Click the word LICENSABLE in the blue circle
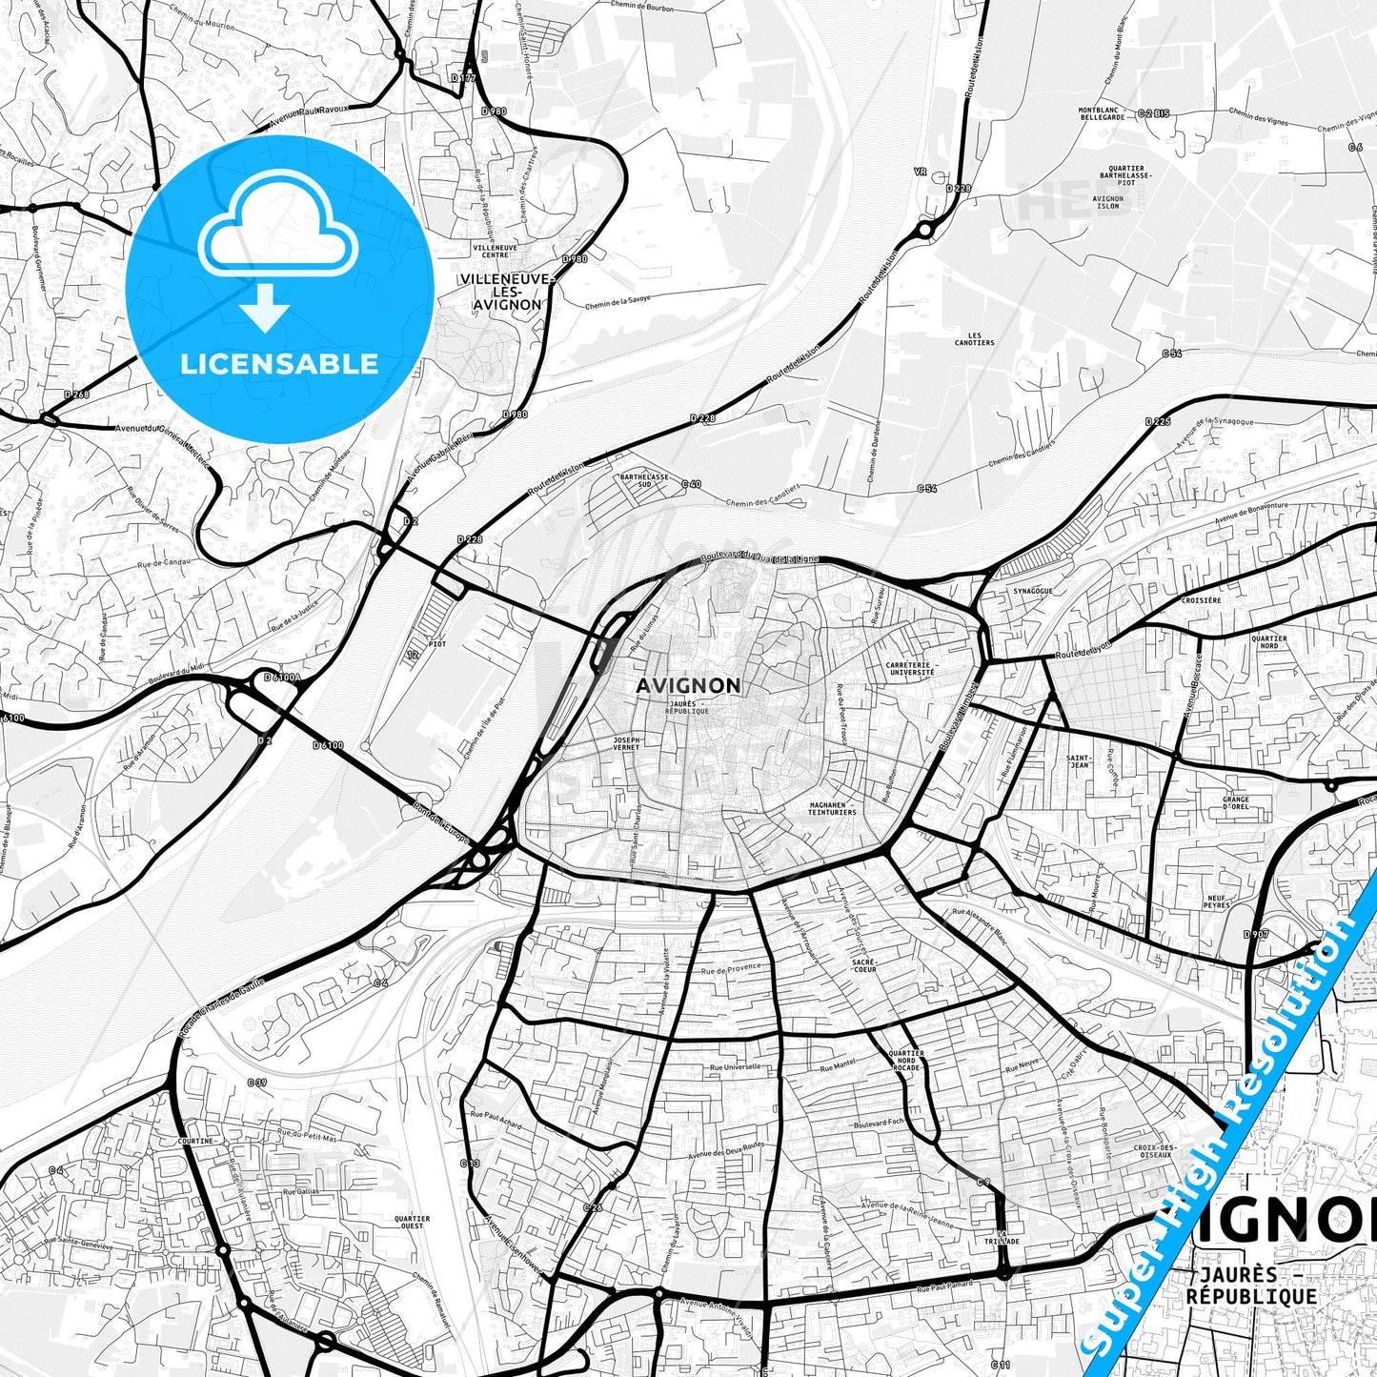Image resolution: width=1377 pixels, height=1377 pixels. [279, 364]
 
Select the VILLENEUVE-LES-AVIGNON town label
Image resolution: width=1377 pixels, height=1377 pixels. [505, 292]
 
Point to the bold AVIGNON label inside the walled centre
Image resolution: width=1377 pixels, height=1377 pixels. [688, 685]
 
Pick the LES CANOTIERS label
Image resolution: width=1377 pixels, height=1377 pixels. [974, 339]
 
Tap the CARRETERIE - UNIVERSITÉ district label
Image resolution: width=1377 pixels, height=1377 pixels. [910, 668]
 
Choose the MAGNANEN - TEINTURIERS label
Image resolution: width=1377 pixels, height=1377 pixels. [832, 808]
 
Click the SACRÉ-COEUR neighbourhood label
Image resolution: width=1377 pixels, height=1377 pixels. [864, 965]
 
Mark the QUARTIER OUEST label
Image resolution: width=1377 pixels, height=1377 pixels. [412, 1222]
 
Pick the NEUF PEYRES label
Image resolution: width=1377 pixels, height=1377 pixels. [1217, 901]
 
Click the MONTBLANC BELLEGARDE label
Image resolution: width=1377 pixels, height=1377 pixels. [1102, 113]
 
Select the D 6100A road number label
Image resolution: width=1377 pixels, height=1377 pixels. [281, 678]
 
